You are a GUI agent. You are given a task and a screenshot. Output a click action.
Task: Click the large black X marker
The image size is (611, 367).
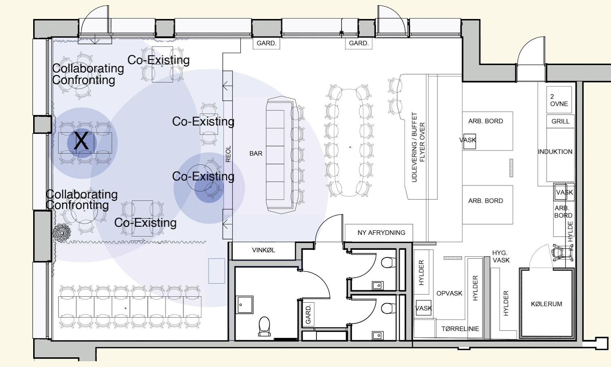[81, 140]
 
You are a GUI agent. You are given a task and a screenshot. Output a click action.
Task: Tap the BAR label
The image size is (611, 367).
[256, 154]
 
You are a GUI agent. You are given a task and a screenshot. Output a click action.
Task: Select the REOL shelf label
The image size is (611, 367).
[228, 154]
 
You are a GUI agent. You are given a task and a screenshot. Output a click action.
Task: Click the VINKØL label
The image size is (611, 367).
[263, 250]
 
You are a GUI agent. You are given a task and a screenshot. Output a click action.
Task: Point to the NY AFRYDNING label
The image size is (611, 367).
[381, 232]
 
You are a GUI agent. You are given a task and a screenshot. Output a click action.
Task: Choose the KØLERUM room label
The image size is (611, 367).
[546, 304]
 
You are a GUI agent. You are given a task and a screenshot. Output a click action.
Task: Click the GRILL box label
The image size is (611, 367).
[560, 121]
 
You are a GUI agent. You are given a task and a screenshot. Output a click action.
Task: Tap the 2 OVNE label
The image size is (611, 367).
[559, 100]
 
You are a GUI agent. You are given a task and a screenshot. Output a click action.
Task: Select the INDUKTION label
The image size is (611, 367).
[555, 152]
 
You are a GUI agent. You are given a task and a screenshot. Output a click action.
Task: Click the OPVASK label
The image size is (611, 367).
[449, 293]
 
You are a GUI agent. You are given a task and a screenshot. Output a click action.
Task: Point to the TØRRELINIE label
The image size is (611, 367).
[460, 329]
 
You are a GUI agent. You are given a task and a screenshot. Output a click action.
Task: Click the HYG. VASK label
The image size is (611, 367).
[501, 256]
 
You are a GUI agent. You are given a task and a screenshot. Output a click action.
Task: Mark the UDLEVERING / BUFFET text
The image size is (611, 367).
[414, 147]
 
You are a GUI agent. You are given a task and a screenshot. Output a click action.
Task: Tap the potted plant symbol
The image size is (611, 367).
[62, 232]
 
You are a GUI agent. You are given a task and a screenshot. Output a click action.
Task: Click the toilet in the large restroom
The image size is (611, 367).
[264, 326]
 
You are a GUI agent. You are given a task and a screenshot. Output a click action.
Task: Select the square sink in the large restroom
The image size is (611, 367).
[244, 305]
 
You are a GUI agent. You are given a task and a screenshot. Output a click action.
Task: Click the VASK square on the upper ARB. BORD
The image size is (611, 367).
[470, 141]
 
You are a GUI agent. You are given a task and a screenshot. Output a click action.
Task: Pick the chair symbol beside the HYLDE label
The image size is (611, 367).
[562, 252]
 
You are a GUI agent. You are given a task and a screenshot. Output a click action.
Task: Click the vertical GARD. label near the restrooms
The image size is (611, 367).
[308, 314]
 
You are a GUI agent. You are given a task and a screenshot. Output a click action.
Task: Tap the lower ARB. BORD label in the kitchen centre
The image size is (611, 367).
[486, 200]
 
